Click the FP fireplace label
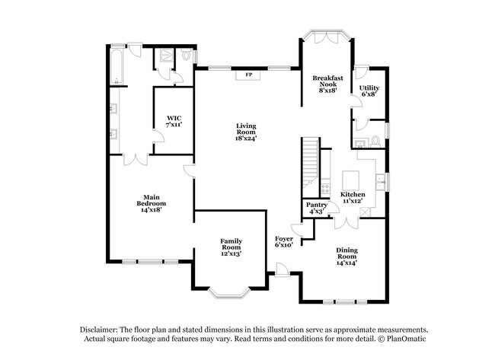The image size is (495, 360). [249, 75]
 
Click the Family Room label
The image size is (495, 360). [231, 247]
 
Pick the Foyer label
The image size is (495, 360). [284, 242]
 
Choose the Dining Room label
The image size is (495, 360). [347, 255]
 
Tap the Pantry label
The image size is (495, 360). [317, 208]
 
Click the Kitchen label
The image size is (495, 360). [353, 199]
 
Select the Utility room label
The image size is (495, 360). [369, 91]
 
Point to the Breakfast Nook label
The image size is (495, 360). [327, 82]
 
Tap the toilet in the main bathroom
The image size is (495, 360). [187, 57]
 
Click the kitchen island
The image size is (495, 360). [350, 180]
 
